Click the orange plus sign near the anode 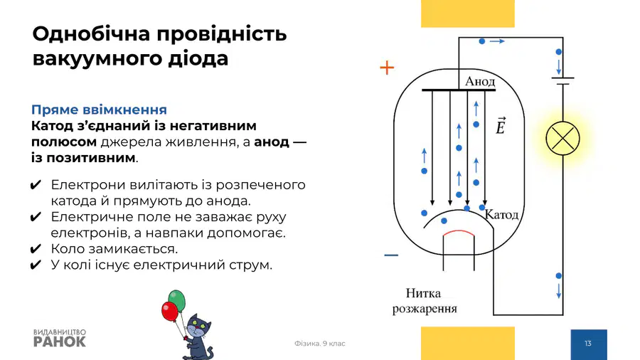point(387,68)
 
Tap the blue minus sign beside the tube point(391,255)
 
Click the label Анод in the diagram point(480,82)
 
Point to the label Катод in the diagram point(501,215)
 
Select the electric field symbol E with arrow point(501,126)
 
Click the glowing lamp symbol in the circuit point(563,138)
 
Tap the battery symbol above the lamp point(563,81)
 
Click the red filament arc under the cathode point(459,233)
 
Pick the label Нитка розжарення point(425,301)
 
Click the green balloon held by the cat point(177,300)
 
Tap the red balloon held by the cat point(169,312)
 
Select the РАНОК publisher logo point(60,339)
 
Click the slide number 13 point(588,344)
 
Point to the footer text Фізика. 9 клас point(319,344)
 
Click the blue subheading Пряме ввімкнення point(99,110)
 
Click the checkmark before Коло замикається point(36,248)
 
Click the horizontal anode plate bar point(459,90)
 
